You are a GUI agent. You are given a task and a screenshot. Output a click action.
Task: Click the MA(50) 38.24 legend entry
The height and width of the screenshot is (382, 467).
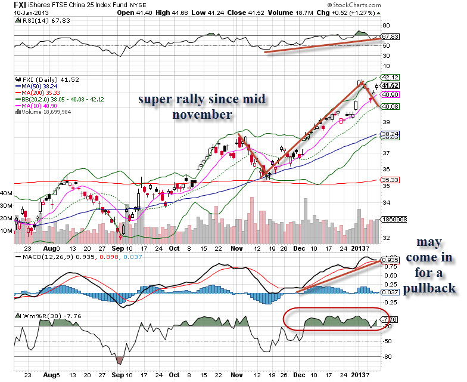40,85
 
